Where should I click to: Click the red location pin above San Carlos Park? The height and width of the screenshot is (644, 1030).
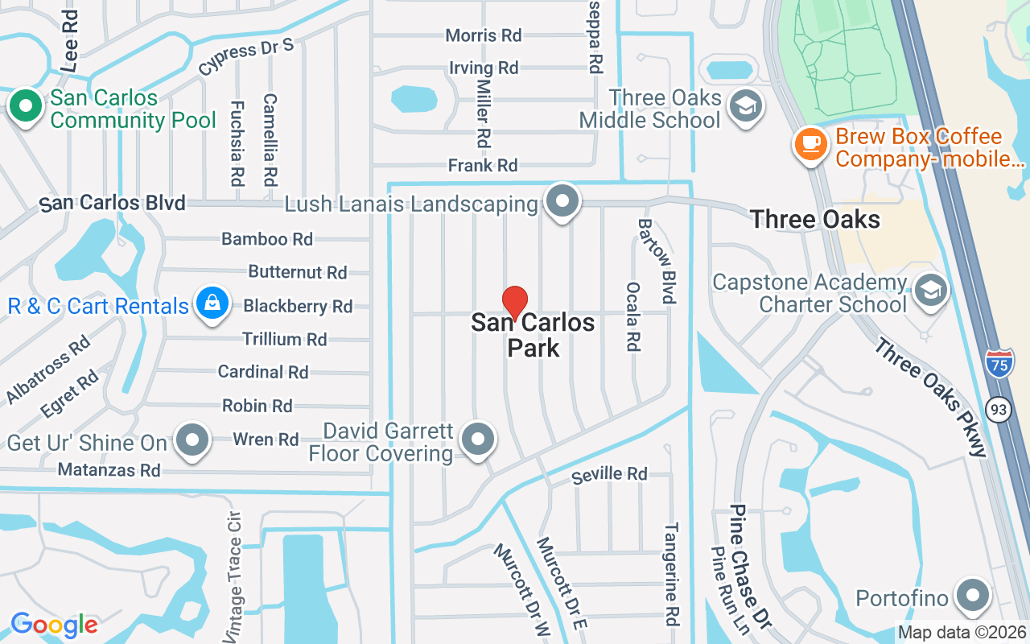pyautogui.click(x=515, y=303)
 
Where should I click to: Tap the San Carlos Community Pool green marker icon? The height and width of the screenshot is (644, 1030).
pyautogui.click(x=26, y=107)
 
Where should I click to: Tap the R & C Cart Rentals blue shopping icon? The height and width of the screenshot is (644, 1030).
pyautogui.click(x=211, y=306)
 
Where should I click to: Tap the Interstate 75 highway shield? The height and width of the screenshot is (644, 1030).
pyautogui.click(x=999, y=365)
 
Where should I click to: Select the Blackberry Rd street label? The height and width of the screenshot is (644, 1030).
pyautogui.click(x=298, y=306)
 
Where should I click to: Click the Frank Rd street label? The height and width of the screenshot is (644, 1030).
pyautogui.click(x=483, y=166)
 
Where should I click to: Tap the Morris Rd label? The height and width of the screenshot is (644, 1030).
pyautogui.click(x=484, y=35)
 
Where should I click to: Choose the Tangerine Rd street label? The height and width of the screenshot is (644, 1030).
pyautogui.click(x=671, y=573)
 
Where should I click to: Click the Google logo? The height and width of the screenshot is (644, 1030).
pyautogui.click(x=54, y=624)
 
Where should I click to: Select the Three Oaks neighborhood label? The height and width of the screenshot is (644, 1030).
pyautogui.click(x=814, y=219)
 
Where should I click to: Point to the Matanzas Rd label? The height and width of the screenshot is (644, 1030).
pyautogui.click(x=109, y=469)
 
